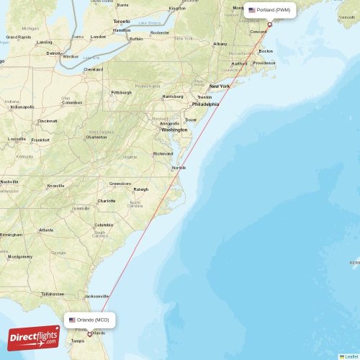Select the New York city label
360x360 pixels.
point(220,86)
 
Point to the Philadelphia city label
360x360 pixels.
point(205,104)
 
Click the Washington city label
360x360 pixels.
point(174,130)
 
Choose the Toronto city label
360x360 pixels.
point(122,22)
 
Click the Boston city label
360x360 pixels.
point(266,51)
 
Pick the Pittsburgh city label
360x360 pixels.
point(120,92)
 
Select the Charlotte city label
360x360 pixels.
point(107,201)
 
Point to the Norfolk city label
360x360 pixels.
point(179,168)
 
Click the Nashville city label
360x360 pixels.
point(9,181)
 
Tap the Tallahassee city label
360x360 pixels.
point(53,294)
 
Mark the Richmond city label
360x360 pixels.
point(163,153)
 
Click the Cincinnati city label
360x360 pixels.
point(48,121)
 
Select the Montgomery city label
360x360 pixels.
point(19,256)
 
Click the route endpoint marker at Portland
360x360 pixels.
point(270,24)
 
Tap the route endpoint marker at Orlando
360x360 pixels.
point(90,333)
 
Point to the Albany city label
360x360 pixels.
point(220,44)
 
